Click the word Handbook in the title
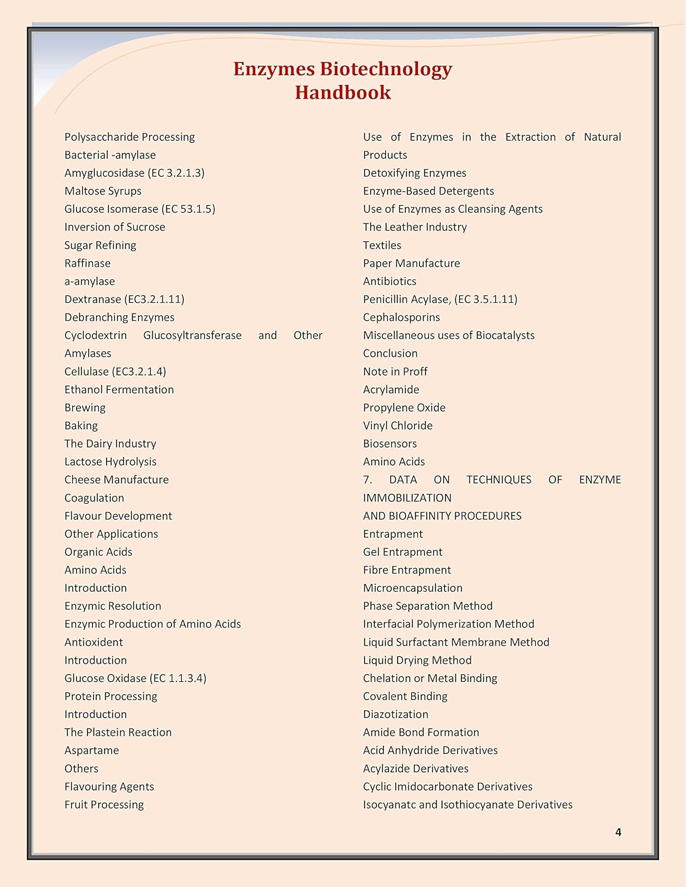point(343,92)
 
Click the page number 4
point(618,832)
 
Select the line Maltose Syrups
point(103,191)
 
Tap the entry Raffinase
point(88,263)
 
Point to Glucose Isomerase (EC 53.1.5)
point(140,209)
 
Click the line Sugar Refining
point(100,245)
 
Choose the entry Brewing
point(85,407)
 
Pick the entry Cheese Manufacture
point(117,480)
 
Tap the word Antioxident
point(94,642)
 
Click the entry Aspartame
point(92,750)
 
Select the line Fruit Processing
point(104,805)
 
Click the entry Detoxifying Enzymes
point(414,173)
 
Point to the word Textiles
point(382,245)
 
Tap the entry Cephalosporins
point(401,318)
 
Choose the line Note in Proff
point(395,371)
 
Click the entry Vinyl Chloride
point(398,426)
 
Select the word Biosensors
point(389,444)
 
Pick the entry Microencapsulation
point(413,588)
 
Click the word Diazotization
point(395,714)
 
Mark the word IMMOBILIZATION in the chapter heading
point(407,498)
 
